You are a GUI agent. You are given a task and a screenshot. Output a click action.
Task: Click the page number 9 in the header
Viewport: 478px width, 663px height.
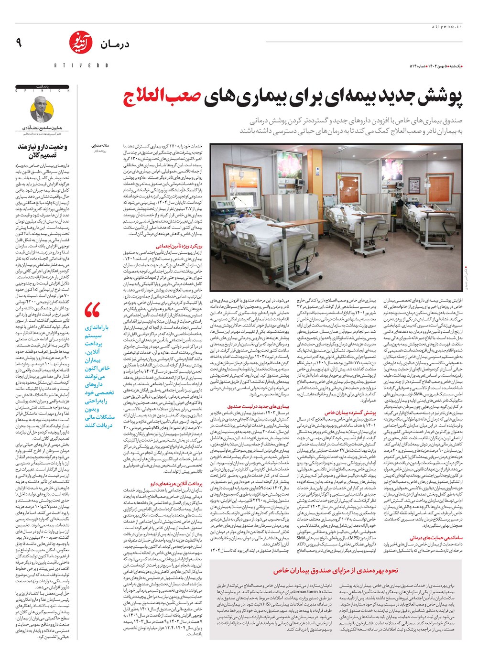[x=19, y=43]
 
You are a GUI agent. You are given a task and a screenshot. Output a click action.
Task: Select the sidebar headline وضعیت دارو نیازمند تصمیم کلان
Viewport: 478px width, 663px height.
[x=43, y=151]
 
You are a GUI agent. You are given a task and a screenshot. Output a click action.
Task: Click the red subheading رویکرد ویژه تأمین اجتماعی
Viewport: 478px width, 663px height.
[x=182, y=246]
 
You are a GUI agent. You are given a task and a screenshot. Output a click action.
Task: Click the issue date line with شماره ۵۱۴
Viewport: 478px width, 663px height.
[x=437, y=65]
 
